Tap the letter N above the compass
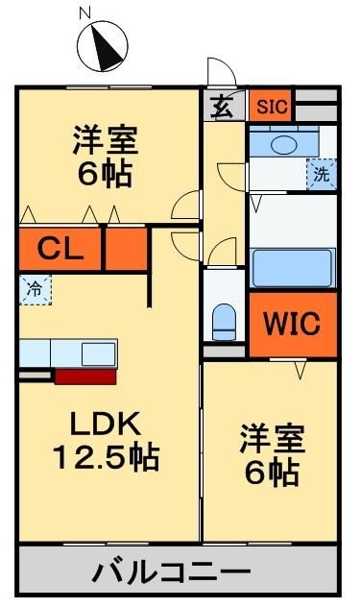pyautogui.click(x=84, y=13)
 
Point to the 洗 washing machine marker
pyautogui.click(x=321, y=175)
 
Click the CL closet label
pyautogui.click(x=60, y=251)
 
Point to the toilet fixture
pyautogui.click(x=223, y=320)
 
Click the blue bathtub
pyautogui.click(x=292, y=266)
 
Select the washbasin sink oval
pyautogui.click(x=285, y=144)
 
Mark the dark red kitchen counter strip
pyautogui.click(x=85, y=376)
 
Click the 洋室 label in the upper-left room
pyautogui.click(x=105, y=140)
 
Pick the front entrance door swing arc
pyautogui.click(x=220, y=72)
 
